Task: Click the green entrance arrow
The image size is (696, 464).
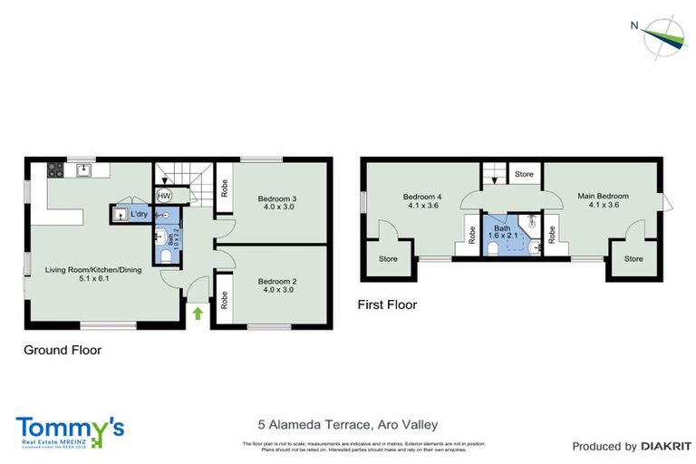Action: tap(198, 314)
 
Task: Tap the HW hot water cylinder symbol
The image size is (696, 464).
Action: tap(165, 195)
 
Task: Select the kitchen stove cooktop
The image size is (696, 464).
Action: tap(53, 169)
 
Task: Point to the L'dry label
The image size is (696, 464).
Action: tap(140, 215)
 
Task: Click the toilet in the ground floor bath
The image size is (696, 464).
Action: tap(166, 256)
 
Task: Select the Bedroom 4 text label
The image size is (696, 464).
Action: tap(422, 196)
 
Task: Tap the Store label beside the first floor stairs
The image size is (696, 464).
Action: tap(524, 173)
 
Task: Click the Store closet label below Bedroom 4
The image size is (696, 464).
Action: tap(388, 259)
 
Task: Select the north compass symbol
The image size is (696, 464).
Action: tap(662, 36)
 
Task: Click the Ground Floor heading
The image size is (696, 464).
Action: tap(63, 350)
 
